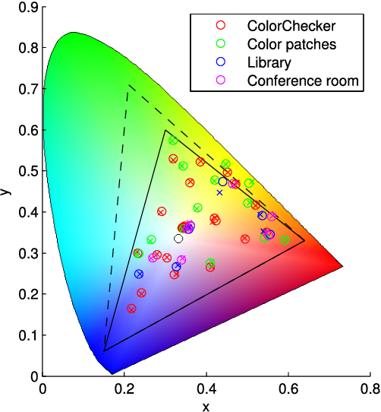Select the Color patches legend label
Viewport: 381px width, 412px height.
click(x=291, y=44)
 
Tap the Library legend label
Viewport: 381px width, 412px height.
click(x=268, y=62)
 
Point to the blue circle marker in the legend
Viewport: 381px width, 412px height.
click(x=221, y=62)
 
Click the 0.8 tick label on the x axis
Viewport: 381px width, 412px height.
click(x=370, y=388)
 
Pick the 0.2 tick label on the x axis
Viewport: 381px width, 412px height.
click(x=124, y=388)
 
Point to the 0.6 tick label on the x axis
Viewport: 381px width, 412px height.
click(x=288, y=388)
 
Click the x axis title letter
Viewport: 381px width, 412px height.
click(x=206, y=405)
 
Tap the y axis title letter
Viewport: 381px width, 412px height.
click(x=7, y=191)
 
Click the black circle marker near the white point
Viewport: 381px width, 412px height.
click(x=178, y=239)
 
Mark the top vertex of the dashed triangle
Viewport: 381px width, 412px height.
click(x=128, y=85)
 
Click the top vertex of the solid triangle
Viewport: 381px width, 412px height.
click(x=165, y=130)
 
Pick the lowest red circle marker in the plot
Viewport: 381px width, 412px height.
click(x=131, y=309)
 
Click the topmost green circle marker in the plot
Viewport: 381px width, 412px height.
click(x=173, y=141)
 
